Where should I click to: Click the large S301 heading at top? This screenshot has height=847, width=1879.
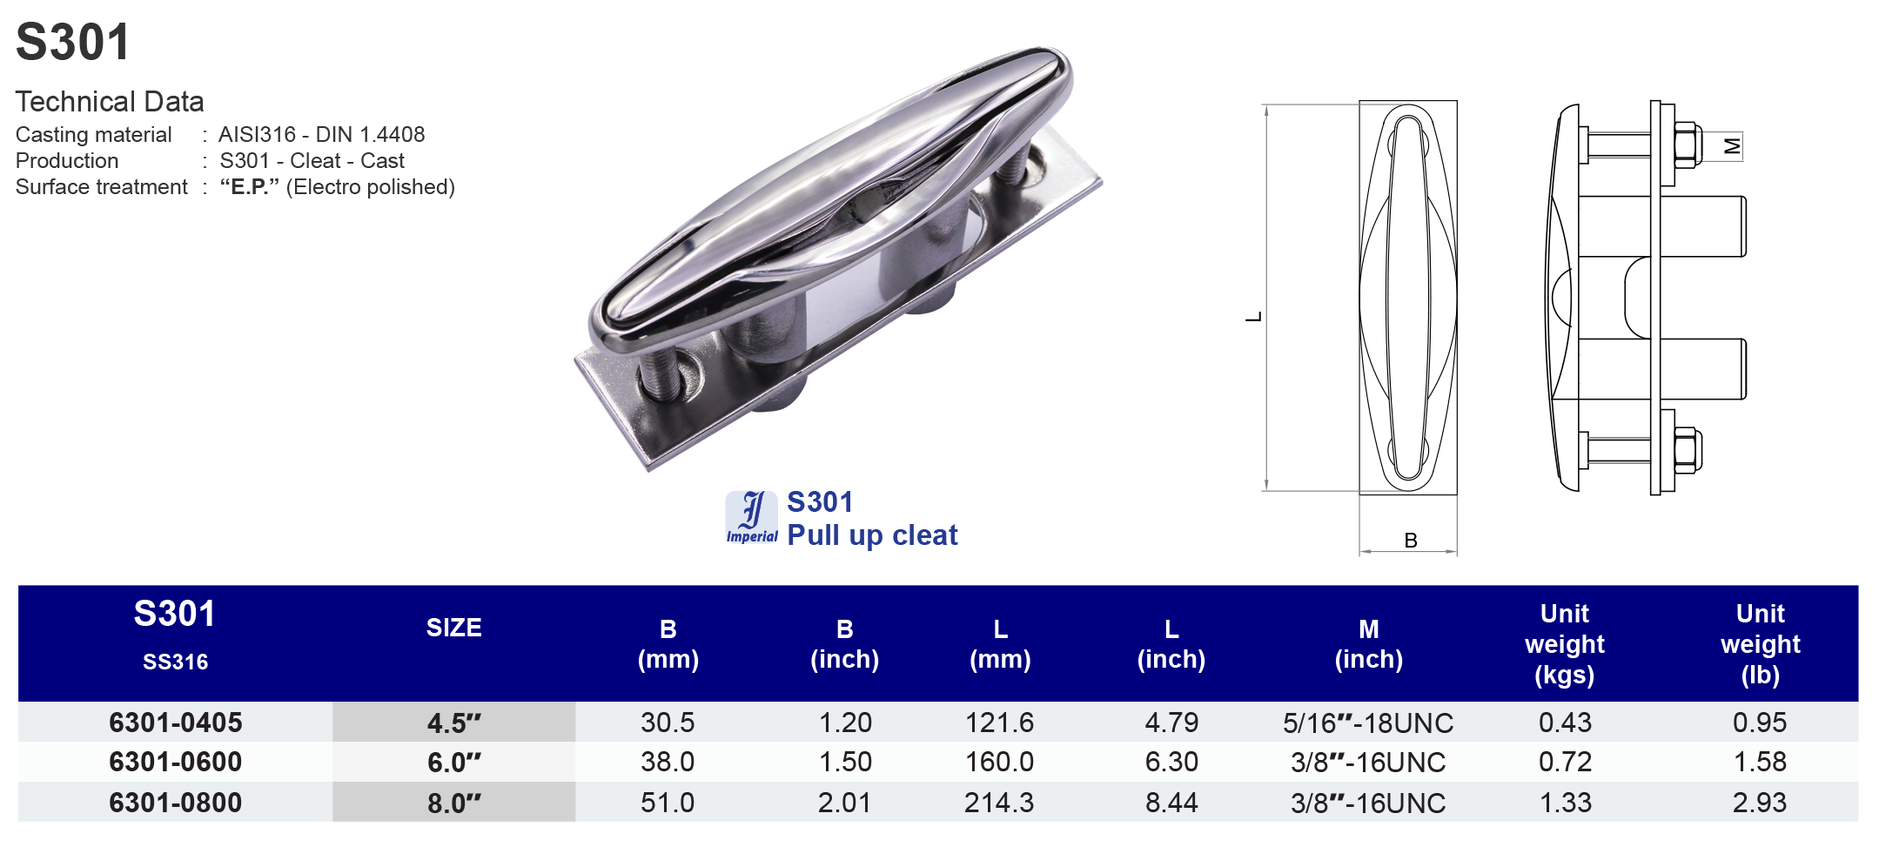(73, 42)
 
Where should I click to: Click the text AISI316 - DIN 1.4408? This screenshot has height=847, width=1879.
(321, 135)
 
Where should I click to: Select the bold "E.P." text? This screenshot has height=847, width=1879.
(249, 187)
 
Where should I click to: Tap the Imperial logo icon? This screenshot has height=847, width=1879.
(751, 517)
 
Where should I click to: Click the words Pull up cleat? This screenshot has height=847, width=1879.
(872, 535)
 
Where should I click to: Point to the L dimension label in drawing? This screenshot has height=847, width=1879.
(1253, 317)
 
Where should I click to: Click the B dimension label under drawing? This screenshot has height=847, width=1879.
(1411, 541)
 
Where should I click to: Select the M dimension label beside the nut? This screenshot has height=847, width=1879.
(1732, 146)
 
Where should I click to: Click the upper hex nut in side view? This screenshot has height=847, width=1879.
(1687, 145)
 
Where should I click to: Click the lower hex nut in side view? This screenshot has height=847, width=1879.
(1687, 450)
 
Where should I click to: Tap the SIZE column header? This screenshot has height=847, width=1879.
(453, 628)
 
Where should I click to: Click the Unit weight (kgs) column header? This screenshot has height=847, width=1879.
(1564, 644)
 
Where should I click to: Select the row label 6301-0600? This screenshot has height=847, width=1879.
(175, 763)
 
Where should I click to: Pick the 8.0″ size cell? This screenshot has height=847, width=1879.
(453, 803)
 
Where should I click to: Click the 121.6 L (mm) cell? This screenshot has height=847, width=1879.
(999, 723)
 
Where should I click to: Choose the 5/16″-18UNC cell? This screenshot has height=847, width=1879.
(1367, 723)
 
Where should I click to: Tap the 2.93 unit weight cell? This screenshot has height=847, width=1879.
(1759, 803)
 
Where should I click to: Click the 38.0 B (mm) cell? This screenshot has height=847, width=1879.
(668, 763)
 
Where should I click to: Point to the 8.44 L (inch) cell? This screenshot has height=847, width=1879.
(1171, 803)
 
